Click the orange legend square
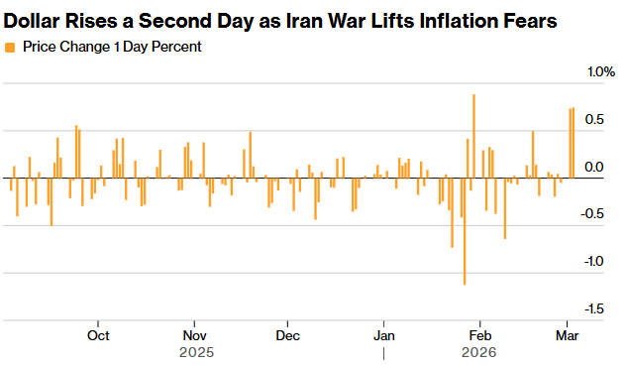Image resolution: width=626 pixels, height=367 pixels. pos(10,47)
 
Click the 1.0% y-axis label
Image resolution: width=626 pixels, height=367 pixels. pos(601,72)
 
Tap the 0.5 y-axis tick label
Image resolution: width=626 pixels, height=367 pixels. pos(594,120)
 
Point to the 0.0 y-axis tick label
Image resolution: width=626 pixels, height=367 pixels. pos(594,167)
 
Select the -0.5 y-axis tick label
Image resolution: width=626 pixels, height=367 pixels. pos(592,214)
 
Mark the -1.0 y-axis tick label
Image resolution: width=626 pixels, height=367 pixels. pos(592,262)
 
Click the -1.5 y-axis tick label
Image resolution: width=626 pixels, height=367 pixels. pos(592,309)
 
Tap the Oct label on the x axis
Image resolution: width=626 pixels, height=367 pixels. pos(98,334)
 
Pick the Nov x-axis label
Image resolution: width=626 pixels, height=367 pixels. pos(194,334)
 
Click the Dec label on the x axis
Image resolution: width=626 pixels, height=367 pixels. pos(287,334)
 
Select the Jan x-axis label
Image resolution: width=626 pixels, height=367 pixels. pos(383,334)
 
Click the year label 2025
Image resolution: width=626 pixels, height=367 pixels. pos(196,352)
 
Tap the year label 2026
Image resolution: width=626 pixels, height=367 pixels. pos(479,352)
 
